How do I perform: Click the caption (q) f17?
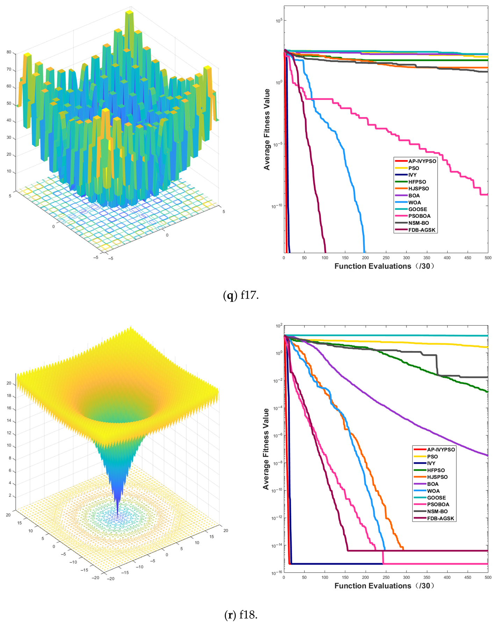pos(241,296)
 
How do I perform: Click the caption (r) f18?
pos(241,615)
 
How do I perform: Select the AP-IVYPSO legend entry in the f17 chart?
pos(422,161)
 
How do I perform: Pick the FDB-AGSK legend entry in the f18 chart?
pos(440,518)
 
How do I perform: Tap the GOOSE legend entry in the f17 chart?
pos(417,209)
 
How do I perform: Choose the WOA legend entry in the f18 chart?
pos(433,491)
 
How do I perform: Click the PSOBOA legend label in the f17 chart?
pos(419,216)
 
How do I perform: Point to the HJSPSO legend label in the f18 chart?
pos(437,477)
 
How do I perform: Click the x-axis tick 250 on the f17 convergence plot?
pos(386,258)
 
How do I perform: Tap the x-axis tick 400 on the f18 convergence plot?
pos(447,577)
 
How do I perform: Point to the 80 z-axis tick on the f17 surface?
pos(9,52)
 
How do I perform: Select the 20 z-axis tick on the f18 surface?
pos(9,383)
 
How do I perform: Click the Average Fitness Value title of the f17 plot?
pos(267,129)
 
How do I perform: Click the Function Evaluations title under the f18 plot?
pos(384,586)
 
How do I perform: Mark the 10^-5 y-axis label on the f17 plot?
pos(276,144)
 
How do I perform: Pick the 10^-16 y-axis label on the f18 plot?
pos(276,573)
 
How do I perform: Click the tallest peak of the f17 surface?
pos(129,12)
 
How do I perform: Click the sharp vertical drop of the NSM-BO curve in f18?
pos(437,366)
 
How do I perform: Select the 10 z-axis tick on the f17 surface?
pos(9,171)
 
